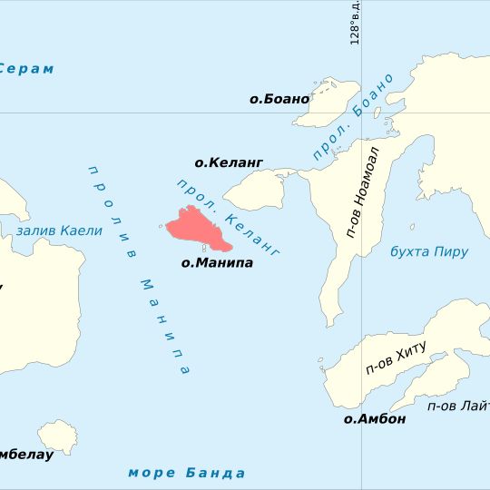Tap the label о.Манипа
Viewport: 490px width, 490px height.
[x=217, y=263]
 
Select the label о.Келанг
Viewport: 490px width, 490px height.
[x=229, y=162]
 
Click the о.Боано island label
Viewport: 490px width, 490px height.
[x=279, y=99]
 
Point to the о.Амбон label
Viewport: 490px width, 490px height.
[x=375, y=419]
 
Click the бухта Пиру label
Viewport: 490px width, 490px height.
[x=428, y=251]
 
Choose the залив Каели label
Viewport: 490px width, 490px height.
[x=58, y=230]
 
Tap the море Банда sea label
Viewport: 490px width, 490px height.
[x=187, y=473]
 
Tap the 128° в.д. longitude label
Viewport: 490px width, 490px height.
[x=356, y=23]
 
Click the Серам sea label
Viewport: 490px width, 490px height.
[x=25, y=69]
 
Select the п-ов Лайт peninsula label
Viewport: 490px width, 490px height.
[x=459, y=406]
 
